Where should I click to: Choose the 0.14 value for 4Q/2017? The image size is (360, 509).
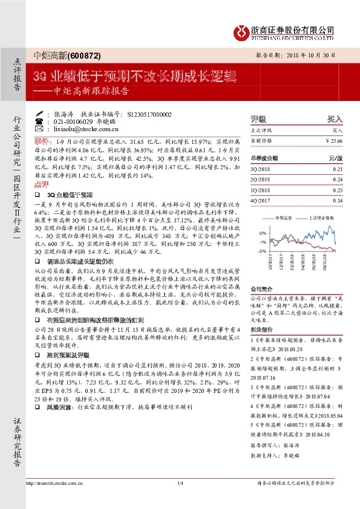click(338, 200)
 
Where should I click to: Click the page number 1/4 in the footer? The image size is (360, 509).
click(180, 499)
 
